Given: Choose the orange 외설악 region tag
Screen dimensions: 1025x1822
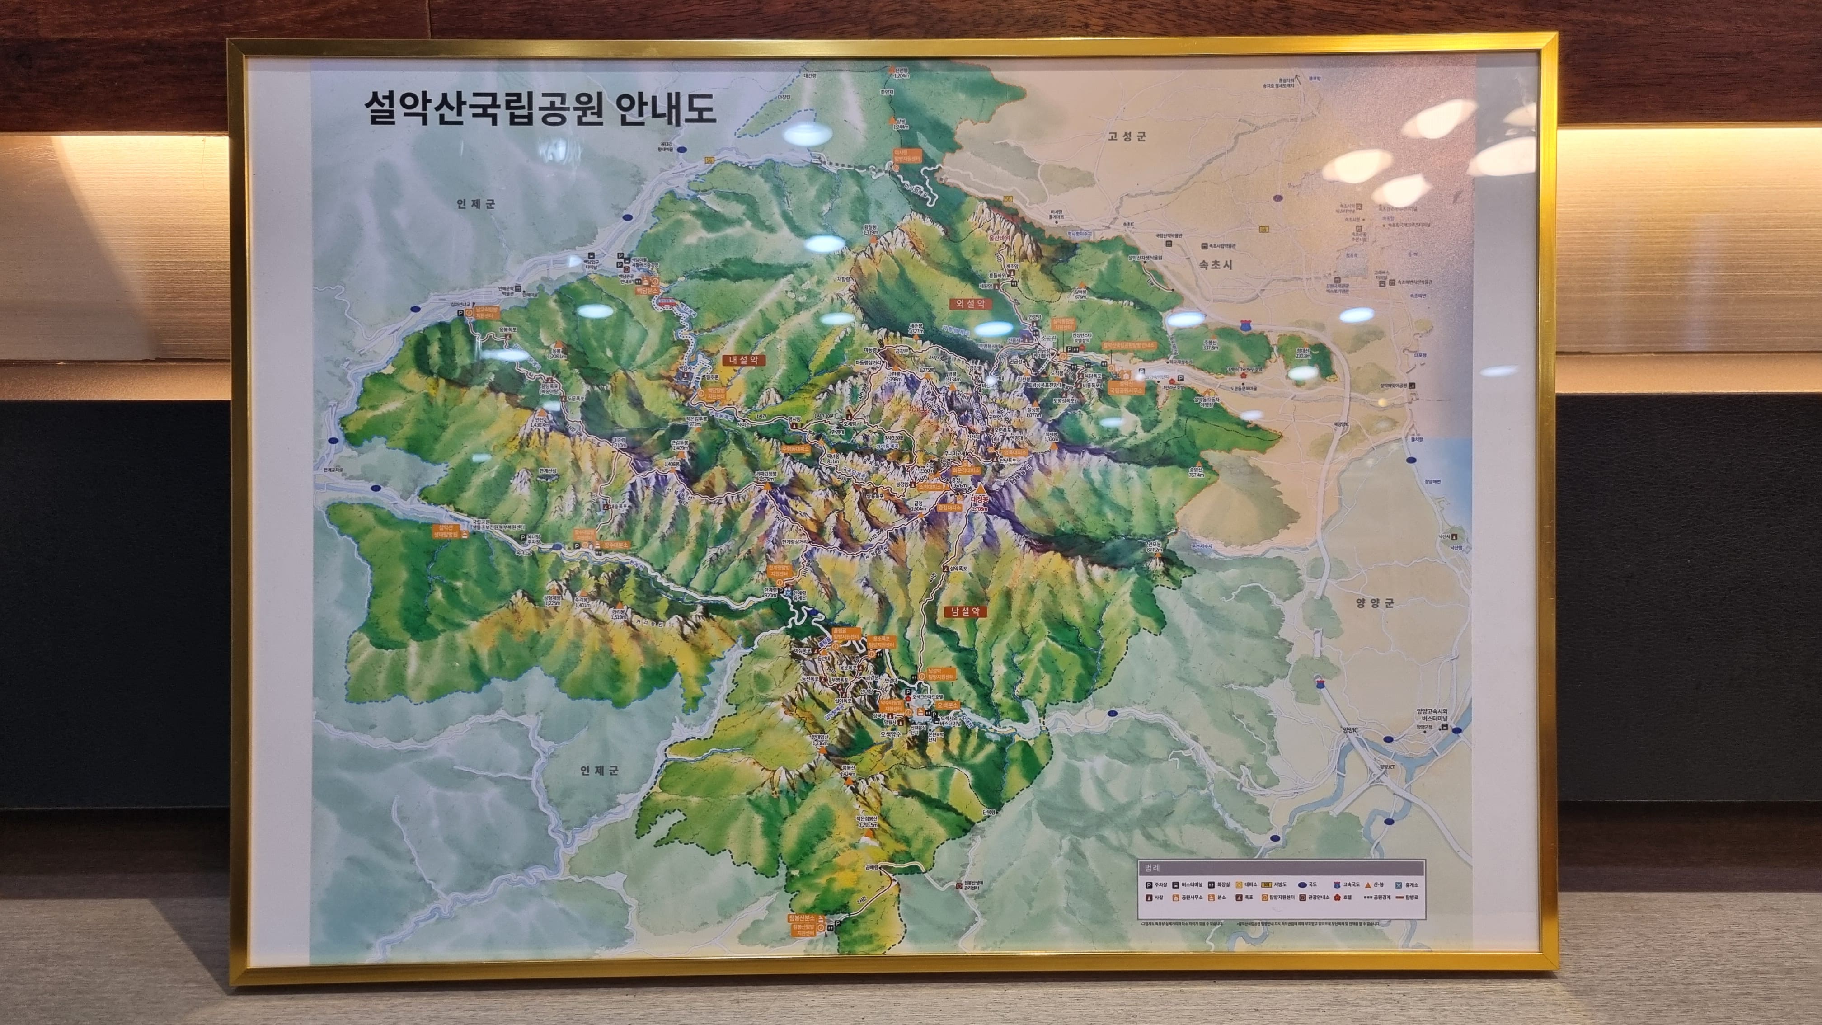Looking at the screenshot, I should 970,303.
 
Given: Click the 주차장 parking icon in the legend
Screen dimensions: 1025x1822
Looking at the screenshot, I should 1149,885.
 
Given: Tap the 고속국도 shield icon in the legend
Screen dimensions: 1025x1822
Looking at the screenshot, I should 1336,885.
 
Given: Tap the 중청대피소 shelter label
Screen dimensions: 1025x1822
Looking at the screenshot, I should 950,507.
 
